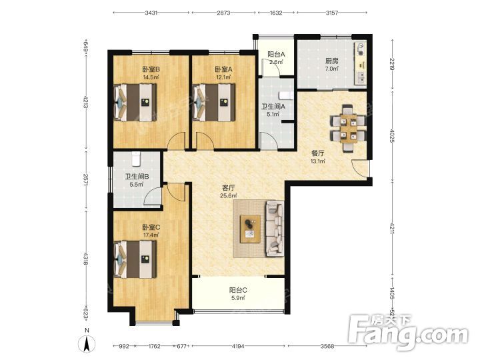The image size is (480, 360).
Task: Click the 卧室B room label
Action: [151, 69]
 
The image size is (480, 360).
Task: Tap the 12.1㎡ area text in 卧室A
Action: [223, 77]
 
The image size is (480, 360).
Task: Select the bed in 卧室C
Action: [135, 259]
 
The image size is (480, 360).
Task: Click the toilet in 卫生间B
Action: [136, 159]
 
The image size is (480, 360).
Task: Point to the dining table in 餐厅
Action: [349, 129]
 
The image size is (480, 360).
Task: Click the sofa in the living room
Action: [275, 229]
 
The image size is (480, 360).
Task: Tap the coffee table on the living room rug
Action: [250, 229]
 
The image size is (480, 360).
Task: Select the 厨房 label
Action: [332, 61]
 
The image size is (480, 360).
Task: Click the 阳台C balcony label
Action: [238, 290]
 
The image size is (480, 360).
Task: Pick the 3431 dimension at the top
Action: [151, 13]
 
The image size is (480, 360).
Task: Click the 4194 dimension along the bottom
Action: [238, 346]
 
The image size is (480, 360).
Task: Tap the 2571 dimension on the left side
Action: [86, 180]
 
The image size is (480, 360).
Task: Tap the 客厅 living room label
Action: [229, 187]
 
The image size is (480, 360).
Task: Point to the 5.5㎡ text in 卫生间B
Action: [137, 185]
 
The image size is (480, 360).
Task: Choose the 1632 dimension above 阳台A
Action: [276, 13]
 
